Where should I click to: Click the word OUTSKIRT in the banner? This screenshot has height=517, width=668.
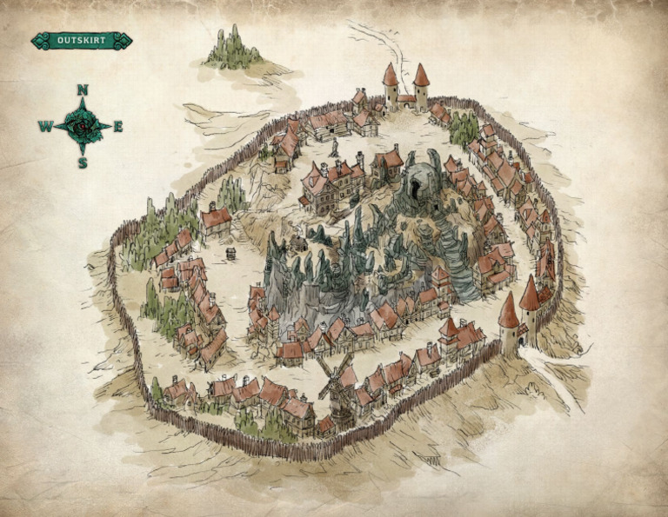(82, 41)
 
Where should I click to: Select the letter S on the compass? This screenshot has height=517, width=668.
(83, 162)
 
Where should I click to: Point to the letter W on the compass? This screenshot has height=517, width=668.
(44, 127)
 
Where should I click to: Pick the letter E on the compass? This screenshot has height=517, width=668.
(118, 127)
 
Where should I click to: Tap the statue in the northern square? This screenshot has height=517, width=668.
(333, 147)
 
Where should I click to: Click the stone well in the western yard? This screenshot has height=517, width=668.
(231, 253)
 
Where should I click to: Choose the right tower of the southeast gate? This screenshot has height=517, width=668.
(530, 304)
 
